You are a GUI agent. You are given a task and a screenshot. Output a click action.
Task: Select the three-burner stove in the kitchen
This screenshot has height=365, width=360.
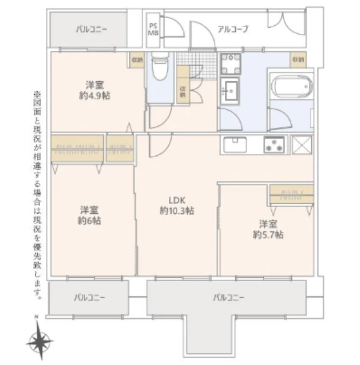275,145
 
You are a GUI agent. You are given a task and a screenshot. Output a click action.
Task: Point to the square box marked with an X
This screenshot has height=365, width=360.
302,145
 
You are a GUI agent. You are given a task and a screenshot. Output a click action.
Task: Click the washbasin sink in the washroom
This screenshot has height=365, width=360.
230,91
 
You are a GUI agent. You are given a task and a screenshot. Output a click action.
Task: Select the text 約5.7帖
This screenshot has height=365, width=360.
268,234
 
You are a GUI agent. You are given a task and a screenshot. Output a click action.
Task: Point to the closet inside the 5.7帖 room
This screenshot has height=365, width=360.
291,194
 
